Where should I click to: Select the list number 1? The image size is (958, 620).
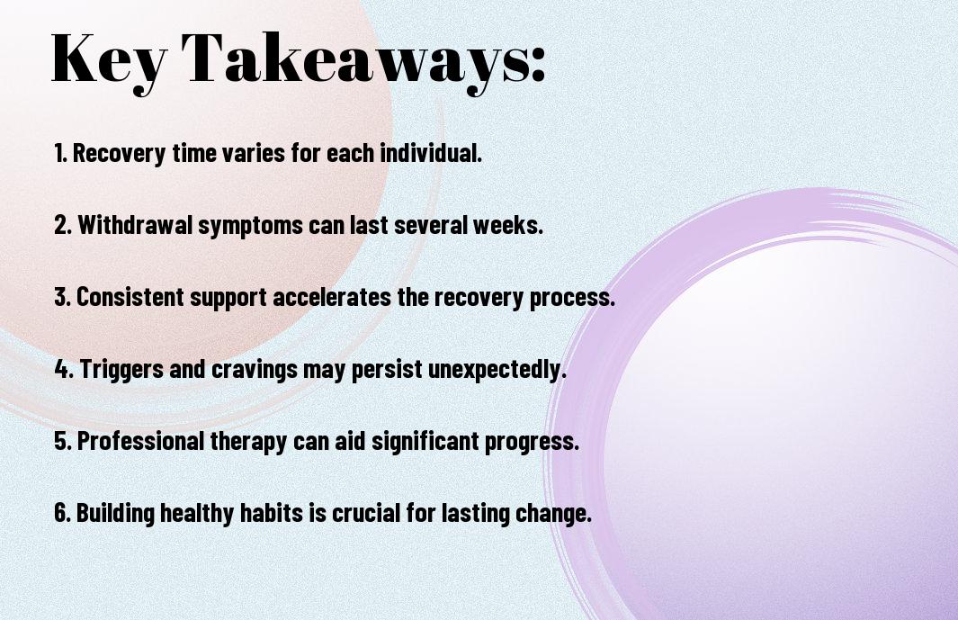click(60, 153)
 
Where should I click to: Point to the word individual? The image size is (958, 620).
click(432, 153)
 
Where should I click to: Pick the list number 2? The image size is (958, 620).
click(63, 225)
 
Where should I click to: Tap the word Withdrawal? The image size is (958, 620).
click(135, 225)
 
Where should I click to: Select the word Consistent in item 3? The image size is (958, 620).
click(130, 297)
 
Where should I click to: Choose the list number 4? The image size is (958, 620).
click(64, 369)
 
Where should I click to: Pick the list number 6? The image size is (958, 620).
click(63, 512)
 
